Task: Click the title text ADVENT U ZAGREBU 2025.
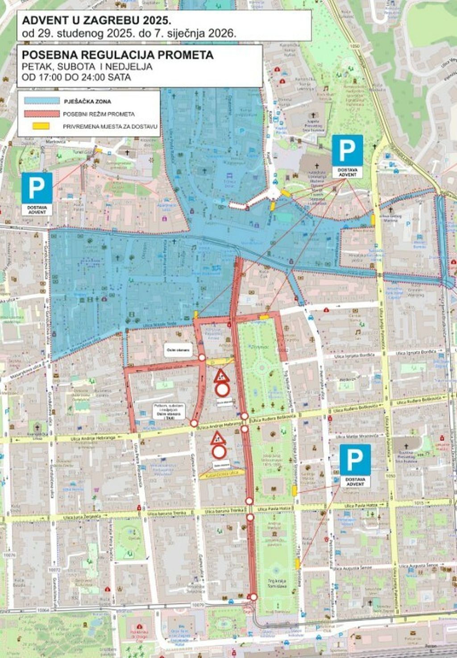[x=96, y=21]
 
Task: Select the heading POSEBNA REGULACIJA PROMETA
[x=118, y=55]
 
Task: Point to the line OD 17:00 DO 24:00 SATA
[x=76, y=77]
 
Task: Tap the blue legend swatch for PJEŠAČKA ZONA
[x=42, y=101]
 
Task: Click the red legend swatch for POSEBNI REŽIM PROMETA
[x=42, y=114]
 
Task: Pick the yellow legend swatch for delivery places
[x=42, y=126]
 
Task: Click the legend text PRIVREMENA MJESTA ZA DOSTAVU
[x=110, y=127]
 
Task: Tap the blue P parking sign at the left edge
[x=37, y=187]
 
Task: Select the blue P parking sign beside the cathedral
[x=347, y=150]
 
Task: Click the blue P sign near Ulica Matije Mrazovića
[x=355, y=459]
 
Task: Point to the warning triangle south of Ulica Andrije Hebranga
[x=218, y=438]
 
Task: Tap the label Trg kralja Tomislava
[x=278, y=583]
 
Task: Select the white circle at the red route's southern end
[x=253, y=597]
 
